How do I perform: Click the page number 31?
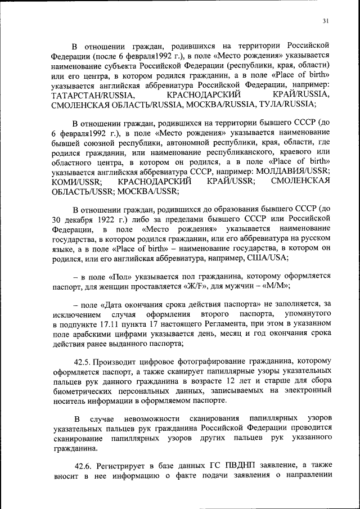[325, 21]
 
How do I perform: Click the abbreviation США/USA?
[267, 258]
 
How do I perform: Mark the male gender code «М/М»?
[273, 286]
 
